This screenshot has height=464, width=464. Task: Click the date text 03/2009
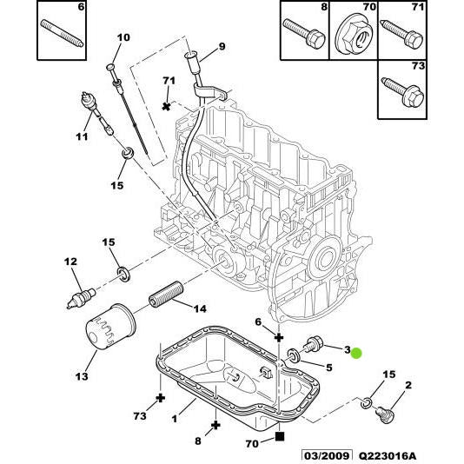click(x=326, y=455)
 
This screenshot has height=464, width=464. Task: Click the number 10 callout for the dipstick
click(x=123, y=37)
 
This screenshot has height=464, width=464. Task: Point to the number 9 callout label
click(x=221, y=46)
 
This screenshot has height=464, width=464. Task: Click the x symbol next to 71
click(x=167, y=105)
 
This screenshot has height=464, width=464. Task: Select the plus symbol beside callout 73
click(x=161, y=398)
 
